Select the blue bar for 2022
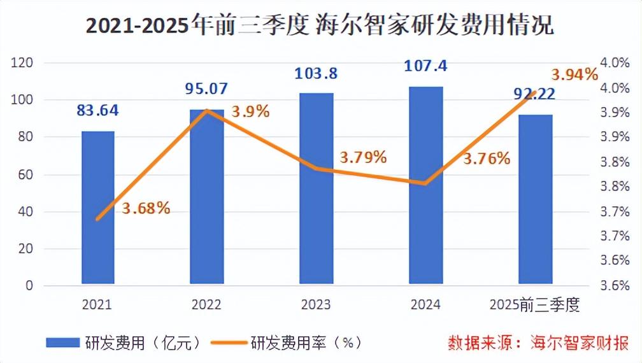coord(207,197)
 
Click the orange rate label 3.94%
coord(575,75)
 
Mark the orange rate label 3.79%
coord(363,157)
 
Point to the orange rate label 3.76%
coord(487,159)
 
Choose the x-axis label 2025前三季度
coord(534,305)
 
